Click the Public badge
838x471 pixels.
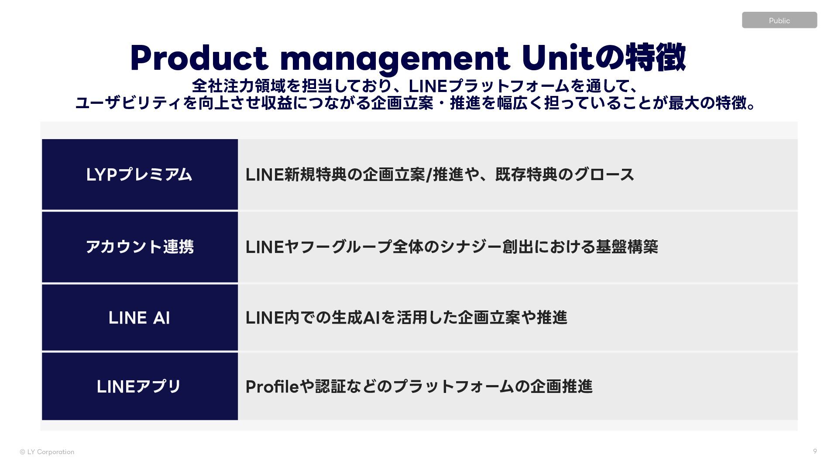(779, 20)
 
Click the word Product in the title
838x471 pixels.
(199, 58)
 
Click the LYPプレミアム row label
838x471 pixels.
(139, 175)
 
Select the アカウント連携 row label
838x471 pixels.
(140, 247)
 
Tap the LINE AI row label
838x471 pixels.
(139, 318)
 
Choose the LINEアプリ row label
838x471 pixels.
(139, 387)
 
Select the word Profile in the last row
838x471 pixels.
(272, 387)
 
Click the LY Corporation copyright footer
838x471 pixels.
(47, 452)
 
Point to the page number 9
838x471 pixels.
(815, 451)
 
